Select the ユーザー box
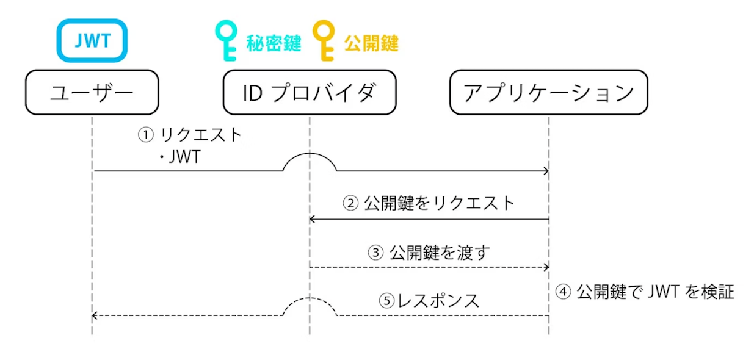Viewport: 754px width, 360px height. click(92, 92)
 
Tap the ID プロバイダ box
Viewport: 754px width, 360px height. click(310, 92)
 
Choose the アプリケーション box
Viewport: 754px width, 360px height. click(548, 92)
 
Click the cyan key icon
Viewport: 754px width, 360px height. click(227, 41)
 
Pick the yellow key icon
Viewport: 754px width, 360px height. click(325, 41)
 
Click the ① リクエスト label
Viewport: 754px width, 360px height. click(190, 134)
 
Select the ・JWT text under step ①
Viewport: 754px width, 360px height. click(180, 157)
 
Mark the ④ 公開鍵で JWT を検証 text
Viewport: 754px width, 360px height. click(645, 292)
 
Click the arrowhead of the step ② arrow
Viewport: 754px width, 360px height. click(312, 219)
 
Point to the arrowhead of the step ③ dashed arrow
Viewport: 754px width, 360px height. click(546, 267)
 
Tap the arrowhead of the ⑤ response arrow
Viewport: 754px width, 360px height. click(94, 315)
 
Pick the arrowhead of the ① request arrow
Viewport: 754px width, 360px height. click(546, 171)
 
